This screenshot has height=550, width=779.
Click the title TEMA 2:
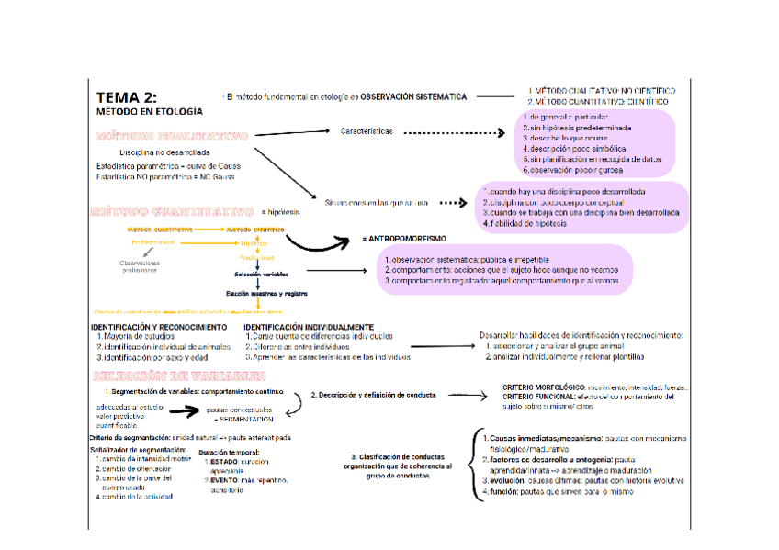[126, 97]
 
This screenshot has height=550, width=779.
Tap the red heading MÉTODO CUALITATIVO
[172, 135]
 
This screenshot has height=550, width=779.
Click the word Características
[366, 131]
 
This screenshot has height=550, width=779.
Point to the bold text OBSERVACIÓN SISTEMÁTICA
[413, 96]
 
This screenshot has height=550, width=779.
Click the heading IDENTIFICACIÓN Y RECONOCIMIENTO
[158, 327]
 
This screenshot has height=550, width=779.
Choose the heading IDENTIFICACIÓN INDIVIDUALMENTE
[308, 327]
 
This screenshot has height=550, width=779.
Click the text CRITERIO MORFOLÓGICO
[548, 388]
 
